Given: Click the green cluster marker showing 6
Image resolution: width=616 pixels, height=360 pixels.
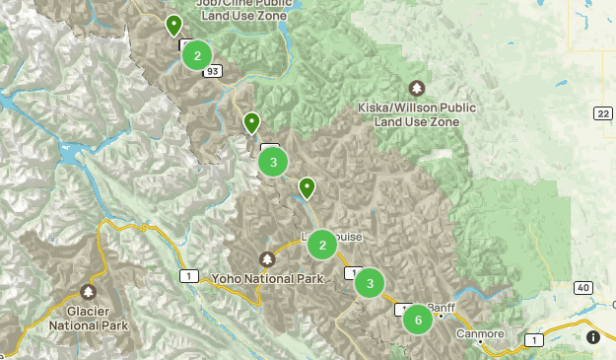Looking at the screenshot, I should coord(418,320).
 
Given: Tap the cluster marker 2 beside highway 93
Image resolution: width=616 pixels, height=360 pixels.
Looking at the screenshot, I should coord(197,55).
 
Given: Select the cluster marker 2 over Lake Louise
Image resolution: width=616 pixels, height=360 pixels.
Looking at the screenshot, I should coord(322,245).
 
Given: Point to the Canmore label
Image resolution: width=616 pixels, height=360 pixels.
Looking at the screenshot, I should coord(480,333).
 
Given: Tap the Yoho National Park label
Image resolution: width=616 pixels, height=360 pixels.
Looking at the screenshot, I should coord(268,279).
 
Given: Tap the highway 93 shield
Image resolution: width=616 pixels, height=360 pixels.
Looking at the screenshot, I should coord(214,71).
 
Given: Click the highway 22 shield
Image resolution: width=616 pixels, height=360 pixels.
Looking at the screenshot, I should coord(602,114).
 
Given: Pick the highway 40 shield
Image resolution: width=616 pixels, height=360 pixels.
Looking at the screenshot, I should coord(583,287).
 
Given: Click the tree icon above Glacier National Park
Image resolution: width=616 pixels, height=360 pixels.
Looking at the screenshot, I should coord(89,292).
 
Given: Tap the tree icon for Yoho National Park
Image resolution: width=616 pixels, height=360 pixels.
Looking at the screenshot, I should coord(267,258).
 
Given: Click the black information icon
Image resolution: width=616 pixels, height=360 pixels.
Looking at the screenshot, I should coord(593,337).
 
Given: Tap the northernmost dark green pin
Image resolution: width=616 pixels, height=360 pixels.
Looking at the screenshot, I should coord(173,25).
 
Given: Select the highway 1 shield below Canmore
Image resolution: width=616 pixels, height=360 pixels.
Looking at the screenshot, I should coord(533,339).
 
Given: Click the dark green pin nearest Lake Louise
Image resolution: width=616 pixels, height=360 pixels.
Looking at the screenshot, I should coord(307,186).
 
